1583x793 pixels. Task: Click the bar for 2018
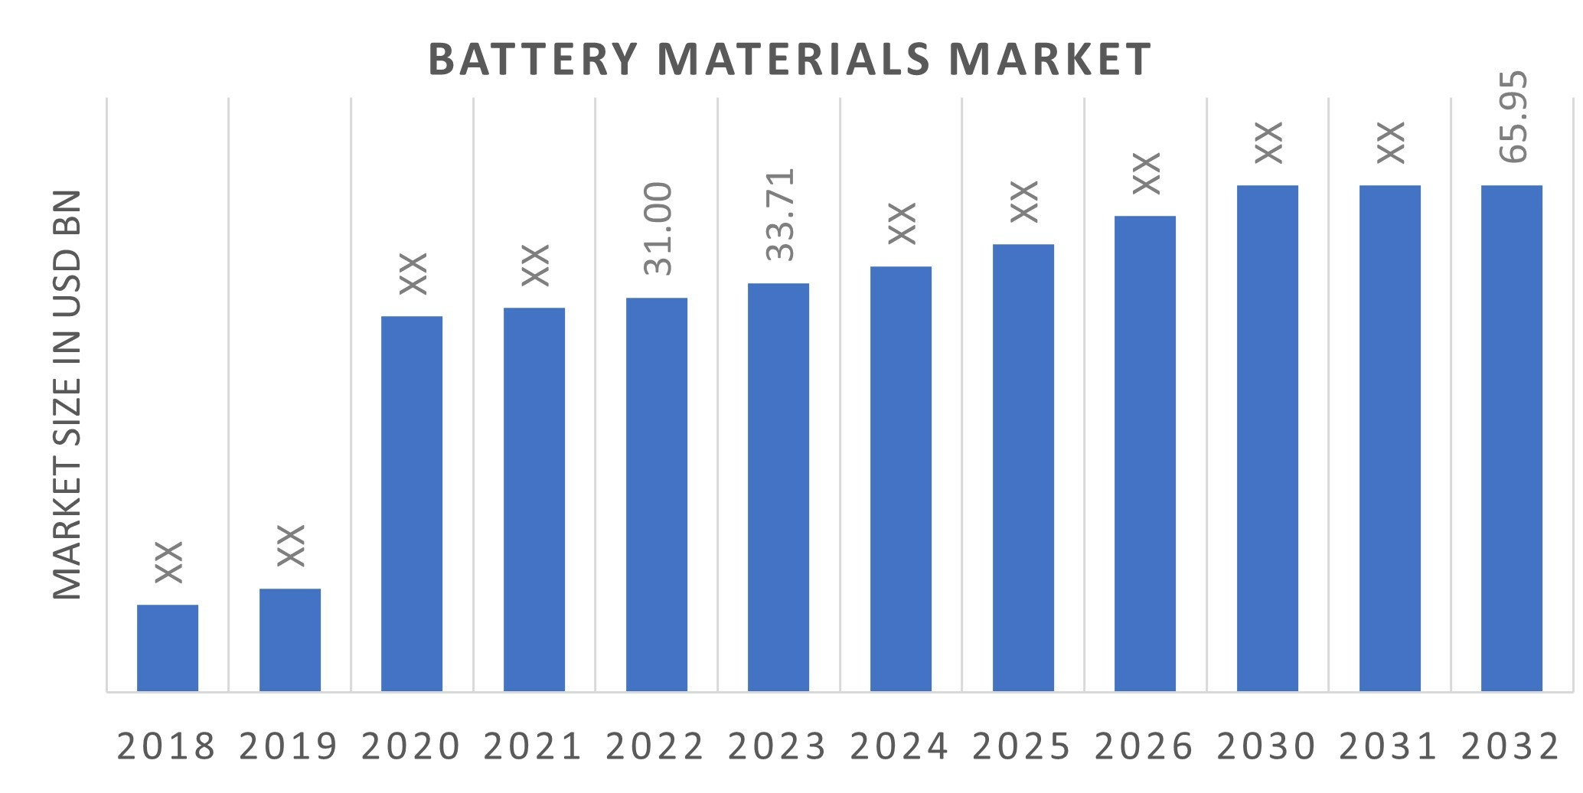click(168, 648)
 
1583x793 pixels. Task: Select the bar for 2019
click(290, 640)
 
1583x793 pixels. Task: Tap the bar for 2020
click(412, 504)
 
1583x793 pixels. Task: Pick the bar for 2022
click(657, 494)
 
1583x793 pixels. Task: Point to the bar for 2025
click(1023, 468)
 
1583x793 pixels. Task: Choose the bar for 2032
click(1512, 438)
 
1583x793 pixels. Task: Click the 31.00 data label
click(658, 229)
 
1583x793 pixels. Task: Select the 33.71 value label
click(780, 215)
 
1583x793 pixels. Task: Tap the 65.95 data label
click(1513, 117)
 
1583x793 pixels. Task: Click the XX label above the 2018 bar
click(168, 562)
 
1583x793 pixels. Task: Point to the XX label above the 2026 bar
click(1146, 173)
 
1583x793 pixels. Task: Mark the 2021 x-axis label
click(534, 747)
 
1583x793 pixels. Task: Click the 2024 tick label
click(899, 747)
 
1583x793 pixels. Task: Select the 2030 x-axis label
click(1266, 747)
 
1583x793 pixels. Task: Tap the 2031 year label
click(1389, 747)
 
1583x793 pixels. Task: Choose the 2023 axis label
click(778, 747)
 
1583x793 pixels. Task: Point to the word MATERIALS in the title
click(794, 60)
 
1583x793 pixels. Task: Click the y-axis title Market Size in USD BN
click(67, 395)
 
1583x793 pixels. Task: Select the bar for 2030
click(1268, 438)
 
